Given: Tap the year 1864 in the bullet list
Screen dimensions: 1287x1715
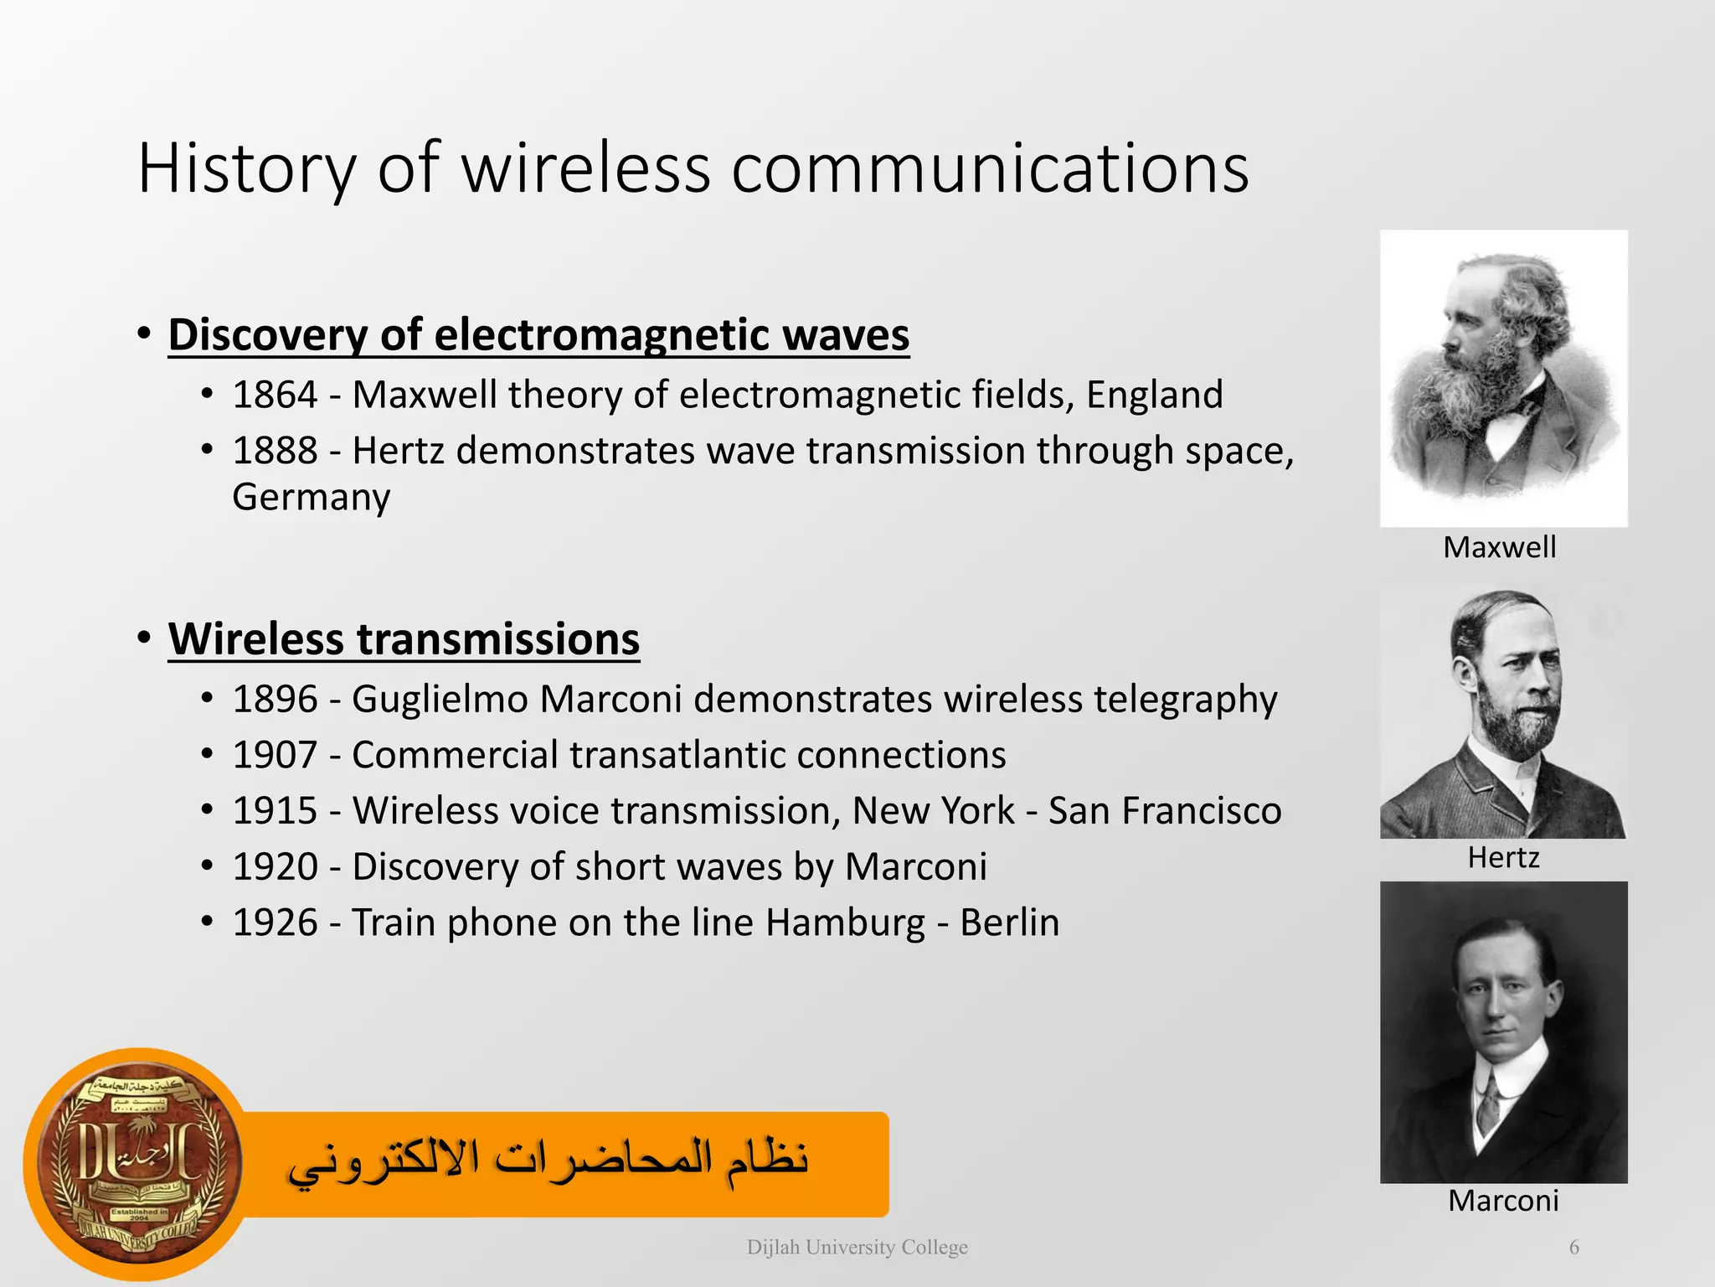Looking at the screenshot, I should pyautogui.click(x=275, y=395).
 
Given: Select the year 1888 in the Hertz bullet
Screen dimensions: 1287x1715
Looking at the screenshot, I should pyautogui.click(x=275, y=451).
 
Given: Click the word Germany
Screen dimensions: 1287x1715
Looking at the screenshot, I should pyautogui.click(x=311, y=498).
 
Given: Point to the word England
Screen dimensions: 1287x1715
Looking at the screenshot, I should pyautogui.click(x=1154, y=395).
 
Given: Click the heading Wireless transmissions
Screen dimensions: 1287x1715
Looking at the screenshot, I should pyautogui.click(x=404, y=639).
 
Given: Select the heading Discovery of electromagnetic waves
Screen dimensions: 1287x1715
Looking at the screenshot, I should pyautogui.click(x=538, y=335).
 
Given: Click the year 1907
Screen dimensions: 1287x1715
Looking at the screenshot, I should pyautogui.click(x=275, y=755).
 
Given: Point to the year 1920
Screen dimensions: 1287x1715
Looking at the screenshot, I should pyautogui.click(x=275, y=867).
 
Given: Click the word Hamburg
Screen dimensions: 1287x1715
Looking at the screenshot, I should pyautogui.click(x=845, y=923).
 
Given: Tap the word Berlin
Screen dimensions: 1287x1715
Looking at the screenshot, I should pyautogui.click(x=1009, y=923).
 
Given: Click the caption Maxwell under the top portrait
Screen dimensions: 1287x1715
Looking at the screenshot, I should pyautogui.click(x=1499, y=548).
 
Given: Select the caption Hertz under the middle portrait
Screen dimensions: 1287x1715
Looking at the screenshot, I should pyautogui.click(x=1503, y=858).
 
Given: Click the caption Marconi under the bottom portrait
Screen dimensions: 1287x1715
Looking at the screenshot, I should pyautogui.click(x=1503, y=1201).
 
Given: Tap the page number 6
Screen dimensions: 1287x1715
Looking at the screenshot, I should pyautogui.click(x=1573, y=1248).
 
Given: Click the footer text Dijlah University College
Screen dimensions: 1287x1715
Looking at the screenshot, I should pyautogui.click(x=857, y=1248).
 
